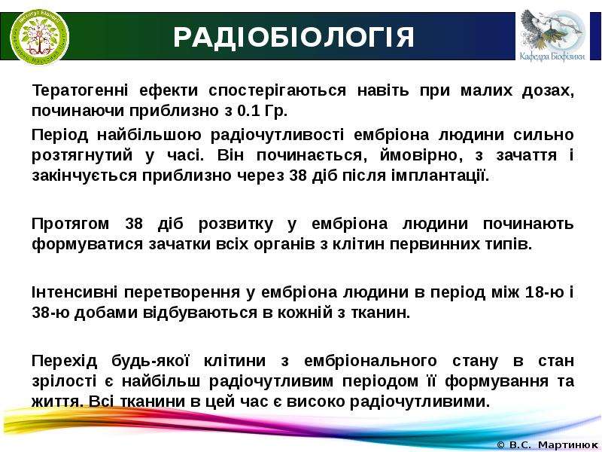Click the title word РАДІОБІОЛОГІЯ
coord(293,37)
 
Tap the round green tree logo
coord(40,36)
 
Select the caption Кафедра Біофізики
coord(552,56)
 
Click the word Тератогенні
coord(80,90)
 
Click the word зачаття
coord(526,155)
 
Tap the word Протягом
coord(71,224)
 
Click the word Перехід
coord(64,361)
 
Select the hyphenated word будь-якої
coord(150,361)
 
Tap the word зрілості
coord(64,381)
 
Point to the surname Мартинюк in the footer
coord(570,445)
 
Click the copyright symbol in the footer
coord(501,445)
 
